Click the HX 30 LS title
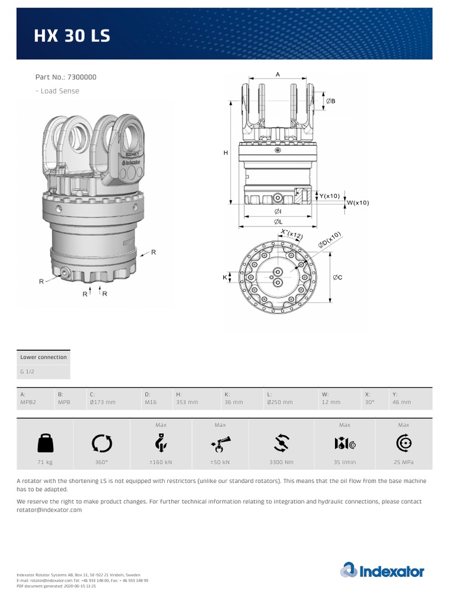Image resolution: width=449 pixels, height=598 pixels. pos(72,37)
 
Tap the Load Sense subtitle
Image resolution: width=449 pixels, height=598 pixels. pos(57,91)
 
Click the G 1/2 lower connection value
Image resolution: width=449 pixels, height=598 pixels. pos(27,372)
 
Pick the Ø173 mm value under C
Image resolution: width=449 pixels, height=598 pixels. pos(102,402)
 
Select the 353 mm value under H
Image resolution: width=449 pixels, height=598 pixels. pos(187,402)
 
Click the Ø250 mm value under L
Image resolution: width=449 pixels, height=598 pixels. pos(279,402)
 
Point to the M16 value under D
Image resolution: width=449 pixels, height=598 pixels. pos(151,402)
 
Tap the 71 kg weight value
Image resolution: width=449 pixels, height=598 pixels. pos(45,462)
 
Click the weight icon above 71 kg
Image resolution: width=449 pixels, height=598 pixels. pos(45,444)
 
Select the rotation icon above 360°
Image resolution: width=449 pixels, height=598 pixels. pos(102,444)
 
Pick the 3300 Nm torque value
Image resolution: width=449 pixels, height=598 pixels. pos(281,462)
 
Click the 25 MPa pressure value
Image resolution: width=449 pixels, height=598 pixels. pos(403,462)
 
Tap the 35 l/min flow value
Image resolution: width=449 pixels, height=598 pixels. pos(344,462)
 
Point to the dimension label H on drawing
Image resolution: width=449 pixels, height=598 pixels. pos(226,153)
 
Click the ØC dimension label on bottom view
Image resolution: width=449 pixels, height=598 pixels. pos(337,277)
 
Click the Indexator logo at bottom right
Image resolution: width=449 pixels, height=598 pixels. pos(382,570)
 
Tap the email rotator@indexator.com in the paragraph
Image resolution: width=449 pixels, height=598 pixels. pos(49,510)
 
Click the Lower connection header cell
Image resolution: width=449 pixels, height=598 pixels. pos(43,357)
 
